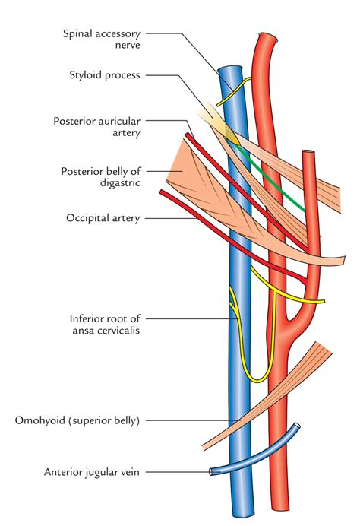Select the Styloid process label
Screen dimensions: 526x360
pyautogui.click(x=110, y=74)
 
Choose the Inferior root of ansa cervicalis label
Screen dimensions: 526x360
pyautogui.click(x=103, y=325)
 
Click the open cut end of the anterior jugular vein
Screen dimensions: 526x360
pyautogui.click(x=211, y=473)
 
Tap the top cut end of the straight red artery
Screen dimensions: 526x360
pyautogui.click(x=310, y=155)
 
